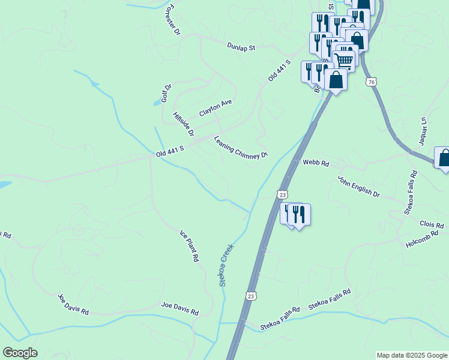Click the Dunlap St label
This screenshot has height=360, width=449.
tap(241, 46)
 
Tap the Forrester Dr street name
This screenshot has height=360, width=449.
tap(172, 20)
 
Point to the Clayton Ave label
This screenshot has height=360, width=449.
tap(215, 108)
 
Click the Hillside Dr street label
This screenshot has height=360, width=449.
tap(183, 124)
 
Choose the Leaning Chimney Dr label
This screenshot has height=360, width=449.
tap(241, 148)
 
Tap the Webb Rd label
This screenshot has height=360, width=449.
tap(316, 163)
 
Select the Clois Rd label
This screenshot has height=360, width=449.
tap(432, 224)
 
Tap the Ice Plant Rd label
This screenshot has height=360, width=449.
tap(189, 246)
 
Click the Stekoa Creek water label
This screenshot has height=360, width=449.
tap(226, 265)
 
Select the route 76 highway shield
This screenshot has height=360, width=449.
tap(372, 82)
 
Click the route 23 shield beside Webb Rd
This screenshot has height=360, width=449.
tap(282, 194)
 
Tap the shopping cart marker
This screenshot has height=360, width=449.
tap(343, 59)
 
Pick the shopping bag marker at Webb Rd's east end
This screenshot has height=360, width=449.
tap(444, 158)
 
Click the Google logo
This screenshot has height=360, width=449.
tap(20, 353)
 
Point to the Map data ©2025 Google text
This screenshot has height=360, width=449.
tap(412, 355)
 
